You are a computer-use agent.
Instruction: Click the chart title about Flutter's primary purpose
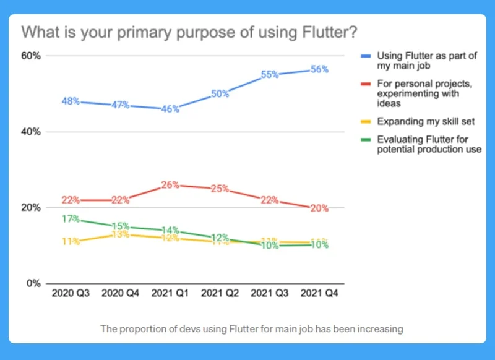[190, 32]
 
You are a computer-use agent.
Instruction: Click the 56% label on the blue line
[319, 70]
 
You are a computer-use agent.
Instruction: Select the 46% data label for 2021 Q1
[170, 109]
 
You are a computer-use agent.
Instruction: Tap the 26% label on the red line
[170, 184]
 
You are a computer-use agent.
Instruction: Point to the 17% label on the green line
[71, 218]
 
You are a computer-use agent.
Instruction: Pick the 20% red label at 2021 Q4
[319, 208]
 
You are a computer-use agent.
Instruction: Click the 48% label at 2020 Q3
[71, 101]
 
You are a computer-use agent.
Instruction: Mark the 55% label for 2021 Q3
[270, 74]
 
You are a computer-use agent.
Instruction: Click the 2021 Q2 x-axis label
[220, 293]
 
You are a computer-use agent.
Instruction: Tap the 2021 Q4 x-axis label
[319, 293]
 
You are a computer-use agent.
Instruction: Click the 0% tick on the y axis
[33, 283]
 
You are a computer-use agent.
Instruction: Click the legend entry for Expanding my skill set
[420, 121]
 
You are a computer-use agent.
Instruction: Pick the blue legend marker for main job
[366, 56]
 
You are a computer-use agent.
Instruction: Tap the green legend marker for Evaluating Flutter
[366, 140]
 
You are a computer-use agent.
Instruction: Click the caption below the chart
[252, 328]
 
